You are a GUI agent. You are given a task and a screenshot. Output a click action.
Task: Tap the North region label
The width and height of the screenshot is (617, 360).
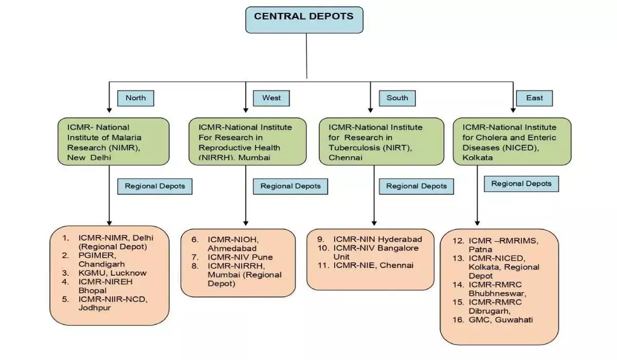pyautogui.click(x=136, y=98)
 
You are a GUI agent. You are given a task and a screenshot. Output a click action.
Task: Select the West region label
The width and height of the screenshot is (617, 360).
pyautogui.click(x=271, y=98)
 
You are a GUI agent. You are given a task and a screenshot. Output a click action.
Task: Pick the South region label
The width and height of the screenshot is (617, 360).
pyautogui.click(x=397, y=98)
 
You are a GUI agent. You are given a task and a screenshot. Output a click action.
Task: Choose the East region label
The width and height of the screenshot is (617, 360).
pyautogui.click(x=535, y=98)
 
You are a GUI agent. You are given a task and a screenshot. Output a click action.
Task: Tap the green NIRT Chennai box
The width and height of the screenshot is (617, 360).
pyautogui.click(x=381, y=141)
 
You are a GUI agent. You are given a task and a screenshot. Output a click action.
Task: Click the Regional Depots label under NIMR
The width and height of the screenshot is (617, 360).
pyautogui.click(x=155, y=186)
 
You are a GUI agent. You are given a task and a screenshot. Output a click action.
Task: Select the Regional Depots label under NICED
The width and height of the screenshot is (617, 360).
pyautogui.click(x=521, y=184)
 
